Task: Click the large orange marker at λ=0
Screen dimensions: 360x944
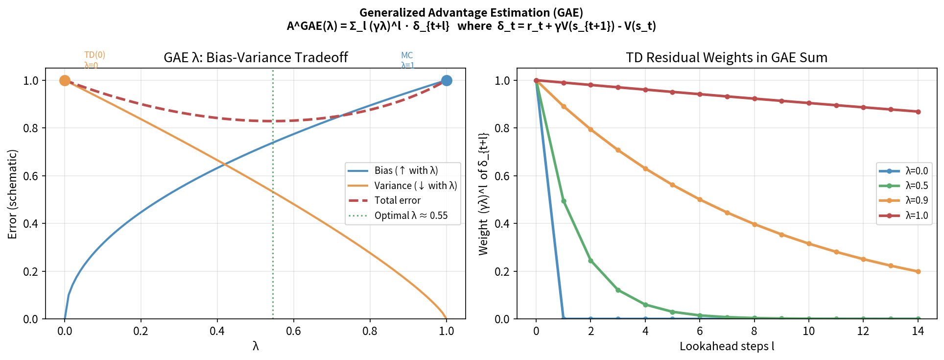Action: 65,80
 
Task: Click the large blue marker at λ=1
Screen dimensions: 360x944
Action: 446,80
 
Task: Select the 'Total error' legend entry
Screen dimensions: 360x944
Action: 397,200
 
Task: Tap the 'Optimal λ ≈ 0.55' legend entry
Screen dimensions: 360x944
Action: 410,216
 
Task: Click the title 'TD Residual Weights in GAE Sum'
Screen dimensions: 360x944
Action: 727,57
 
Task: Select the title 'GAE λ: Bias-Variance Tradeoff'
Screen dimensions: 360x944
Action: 256,57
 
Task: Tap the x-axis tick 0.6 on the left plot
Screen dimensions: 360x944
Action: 293,331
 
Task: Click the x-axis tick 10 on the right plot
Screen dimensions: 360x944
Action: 808,331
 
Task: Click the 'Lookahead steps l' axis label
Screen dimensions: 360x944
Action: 727,346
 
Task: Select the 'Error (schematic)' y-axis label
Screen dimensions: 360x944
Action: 12,194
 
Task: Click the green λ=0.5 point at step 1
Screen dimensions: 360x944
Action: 564,201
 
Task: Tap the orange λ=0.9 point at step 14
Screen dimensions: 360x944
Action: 918,271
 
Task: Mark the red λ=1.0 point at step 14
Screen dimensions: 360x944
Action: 918,112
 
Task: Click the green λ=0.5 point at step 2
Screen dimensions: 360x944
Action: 591,261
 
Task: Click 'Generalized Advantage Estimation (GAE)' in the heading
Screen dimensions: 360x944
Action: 471,13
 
